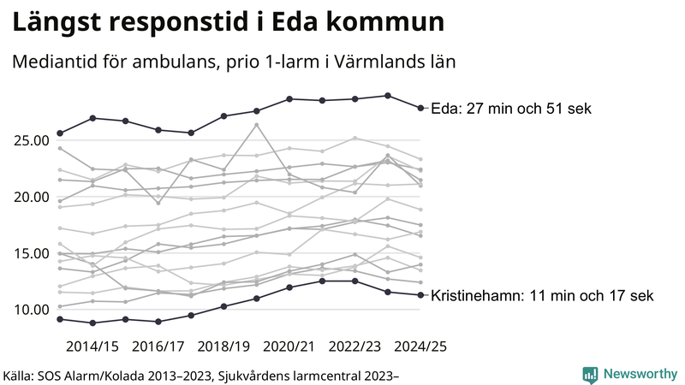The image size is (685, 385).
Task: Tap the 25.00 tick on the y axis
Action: click(x=29, y=140)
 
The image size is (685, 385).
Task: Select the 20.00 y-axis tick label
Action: click(x=29, y=197)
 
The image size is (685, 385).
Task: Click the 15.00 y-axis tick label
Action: click(x=29, y=253)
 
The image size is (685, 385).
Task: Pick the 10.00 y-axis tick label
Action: click(x=29, y=310)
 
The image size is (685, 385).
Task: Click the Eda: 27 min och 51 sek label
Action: click(x=511, y=109)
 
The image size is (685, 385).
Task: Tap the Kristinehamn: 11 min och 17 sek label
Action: click(x=542, y=296)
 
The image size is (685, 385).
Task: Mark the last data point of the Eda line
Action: click(x=420, y=108)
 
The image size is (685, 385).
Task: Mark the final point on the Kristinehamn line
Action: click(x=420, y=295)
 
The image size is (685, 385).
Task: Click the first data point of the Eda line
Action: click(x=60, y=133)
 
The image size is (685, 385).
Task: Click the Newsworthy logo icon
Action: click(x=590, y=374)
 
